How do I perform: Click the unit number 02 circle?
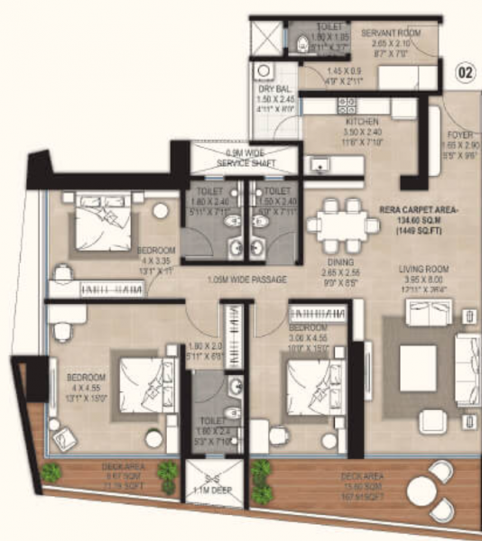point(466,71)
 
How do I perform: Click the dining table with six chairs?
point(342,225)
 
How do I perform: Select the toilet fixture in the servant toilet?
point(303,41)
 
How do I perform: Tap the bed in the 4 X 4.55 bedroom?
point(145,383)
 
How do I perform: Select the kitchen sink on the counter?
point(319,164)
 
